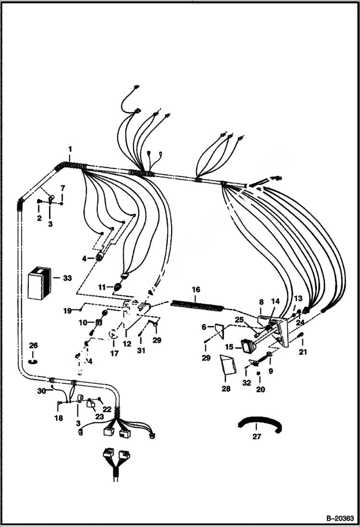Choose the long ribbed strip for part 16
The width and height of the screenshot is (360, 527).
point(197,305)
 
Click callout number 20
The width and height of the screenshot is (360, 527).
point(261,390)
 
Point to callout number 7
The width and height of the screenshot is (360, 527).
point(62,187)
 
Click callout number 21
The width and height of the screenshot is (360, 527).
point(302,353)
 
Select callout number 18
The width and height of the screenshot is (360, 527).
point(58,418)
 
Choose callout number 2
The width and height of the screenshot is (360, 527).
point(39,219)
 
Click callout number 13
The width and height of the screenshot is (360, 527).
point(298,298)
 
